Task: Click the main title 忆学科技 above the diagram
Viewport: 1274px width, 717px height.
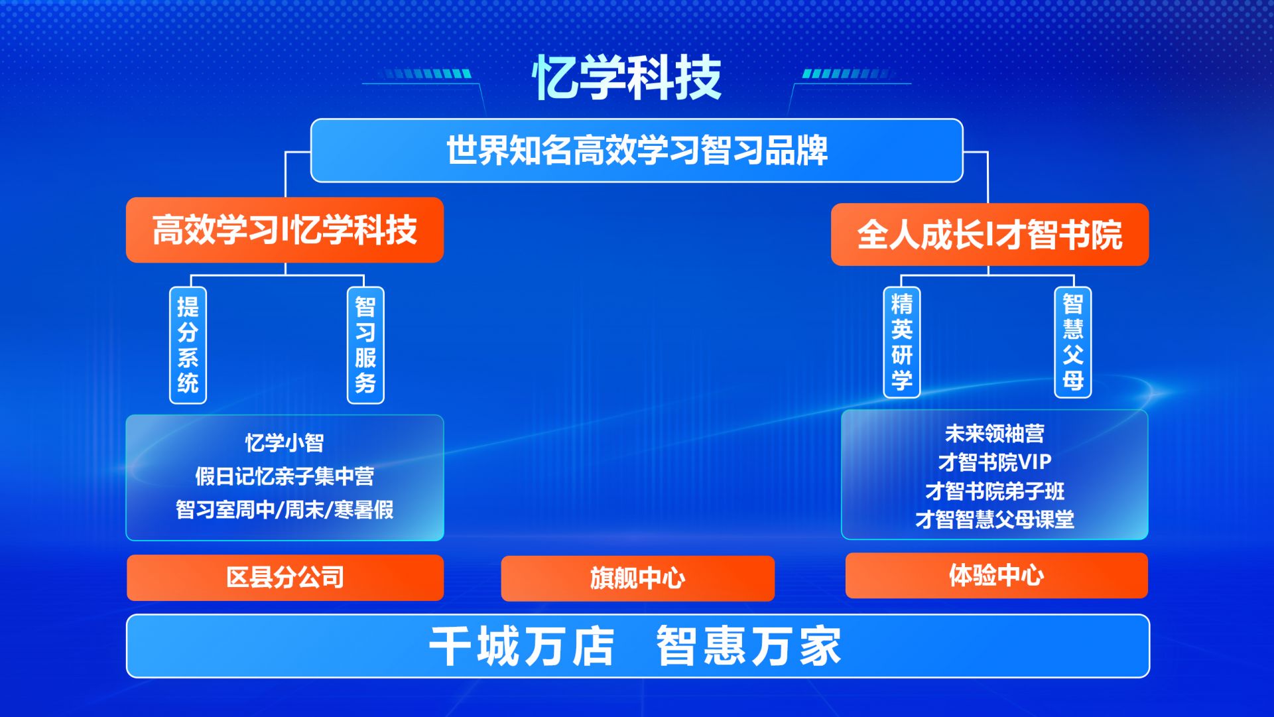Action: [x=627, y=78]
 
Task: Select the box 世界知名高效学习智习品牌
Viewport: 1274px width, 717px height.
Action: [x=637, y=151]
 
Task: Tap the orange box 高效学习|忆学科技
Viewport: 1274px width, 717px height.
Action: [x=285, y=229]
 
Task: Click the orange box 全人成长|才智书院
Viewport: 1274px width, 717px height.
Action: [x=989, y=234]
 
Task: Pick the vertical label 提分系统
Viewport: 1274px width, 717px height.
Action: [x=188, y=345]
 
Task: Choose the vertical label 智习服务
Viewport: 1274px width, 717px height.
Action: [x=365, y=345]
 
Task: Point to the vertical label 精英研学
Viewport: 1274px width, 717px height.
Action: [x=902, y=342]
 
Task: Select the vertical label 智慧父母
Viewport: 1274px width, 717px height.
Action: [x=1073, y=342]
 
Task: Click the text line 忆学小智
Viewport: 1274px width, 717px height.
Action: [x=285, y=442]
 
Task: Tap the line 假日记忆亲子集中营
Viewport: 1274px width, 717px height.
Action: [x=285, y=476]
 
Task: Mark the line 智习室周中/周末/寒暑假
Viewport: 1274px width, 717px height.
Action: [x=285, y=509]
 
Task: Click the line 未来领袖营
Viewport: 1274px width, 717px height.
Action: [x=994, y=434]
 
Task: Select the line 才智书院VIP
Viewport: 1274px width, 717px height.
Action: [x=994, y=462]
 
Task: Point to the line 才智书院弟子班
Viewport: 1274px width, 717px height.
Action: [x=994, y=491]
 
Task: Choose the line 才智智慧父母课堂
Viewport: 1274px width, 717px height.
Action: [x=994, y=519]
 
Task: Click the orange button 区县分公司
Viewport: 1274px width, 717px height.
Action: [x=285, y=578]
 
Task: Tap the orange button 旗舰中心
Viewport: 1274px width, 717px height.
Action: [x=637, y=578]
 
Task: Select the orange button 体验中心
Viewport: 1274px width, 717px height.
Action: [x=996, y=575]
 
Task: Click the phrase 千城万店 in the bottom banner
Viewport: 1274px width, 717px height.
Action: [x=522, y=646]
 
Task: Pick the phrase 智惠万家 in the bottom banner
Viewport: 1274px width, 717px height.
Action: [x=749, y=646]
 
